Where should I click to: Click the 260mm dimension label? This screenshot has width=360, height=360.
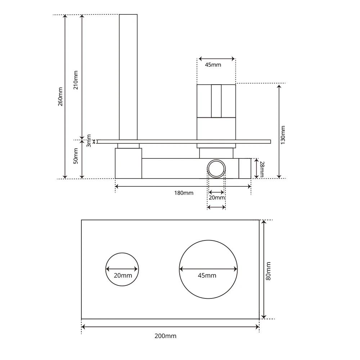coord(60,96)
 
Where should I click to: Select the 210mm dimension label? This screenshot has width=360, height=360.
coord(76,80)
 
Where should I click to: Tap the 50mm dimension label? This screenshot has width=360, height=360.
coord(76,156)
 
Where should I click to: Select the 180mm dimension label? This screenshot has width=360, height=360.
coord(184,193)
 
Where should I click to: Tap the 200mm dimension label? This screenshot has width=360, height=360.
coord(166,336)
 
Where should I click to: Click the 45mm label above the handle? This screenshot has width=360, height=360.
coord(213,65)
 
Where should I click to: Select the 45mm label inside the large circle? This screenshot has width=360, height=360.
coord(207,275)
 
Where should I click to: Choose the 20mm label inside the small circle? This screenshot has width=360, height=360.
coord(123,275)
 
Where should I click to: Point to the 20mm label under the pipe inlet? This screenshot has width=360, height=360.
coord(217,198)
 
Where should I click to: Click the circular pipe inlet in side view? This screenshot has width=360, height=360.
coord(216,168)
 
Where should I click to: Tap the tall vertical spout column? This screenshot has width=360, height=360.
coord(128,76)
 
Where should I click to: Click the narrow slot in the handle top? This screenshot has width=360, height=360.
coord(216,101)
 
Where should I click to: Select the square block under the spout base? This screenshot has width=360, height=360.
coord(128,163)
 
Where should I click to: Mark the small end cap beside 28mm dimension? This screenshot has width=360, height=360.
coord(245,168)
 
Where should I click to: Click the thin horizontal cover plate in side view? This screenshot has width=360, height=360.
coord(184,141)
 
